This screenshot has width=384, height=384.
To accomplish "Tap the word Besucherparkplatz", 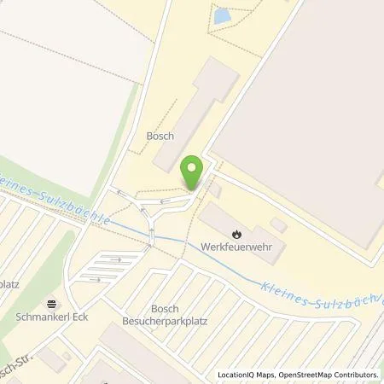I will point(162,321).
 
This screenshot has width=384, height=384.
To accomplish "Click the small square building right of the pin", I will point(215,189).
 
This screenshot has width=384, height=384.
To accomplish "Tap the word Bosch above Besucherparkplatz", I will point(163,308).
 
